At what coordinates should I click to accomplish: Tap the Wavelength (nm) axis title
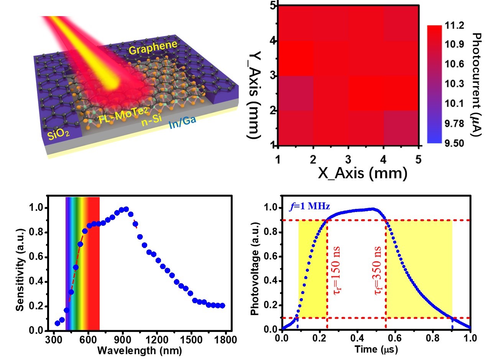coord(140,350)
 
